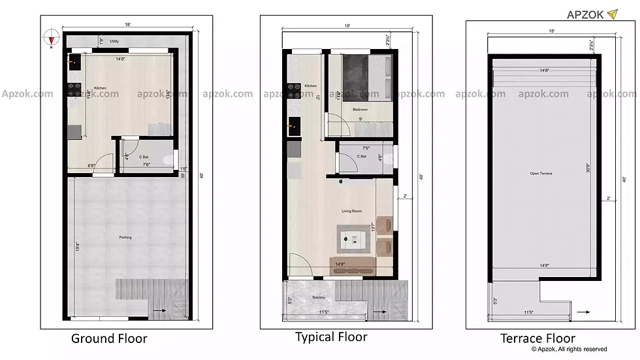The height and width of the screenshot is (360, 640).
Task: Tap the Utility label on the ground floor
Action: pos(114,41)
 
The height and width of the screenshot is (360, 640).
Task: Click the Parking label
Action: pos(125,237)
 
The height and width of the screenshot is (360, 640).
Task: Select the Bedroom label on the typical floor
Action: pos(360,109)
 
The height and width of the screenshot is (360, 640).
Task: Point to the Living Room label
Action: pos(351,211)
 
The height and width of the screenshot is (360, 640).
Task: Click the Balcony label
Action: pos(318,298)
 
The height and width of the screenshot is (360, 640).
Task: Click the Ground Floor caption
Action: pos(109,338)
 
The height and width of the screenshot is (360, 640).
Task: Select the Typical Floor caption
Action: pos(331,337)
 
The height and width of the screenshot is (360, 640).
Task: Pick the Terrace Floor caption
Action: pos(537,338)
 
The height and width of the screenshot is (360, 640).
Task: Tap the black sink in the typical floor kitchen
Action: pos(294,123)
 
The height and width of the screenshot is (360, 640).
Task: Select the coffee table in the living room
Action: pos(353,240)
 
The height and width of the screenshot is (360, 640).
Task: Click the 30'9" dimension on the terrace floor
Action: pos(589,172)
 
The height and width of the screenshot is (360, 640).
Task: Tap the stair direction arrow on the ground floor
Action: pos(157,312)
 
